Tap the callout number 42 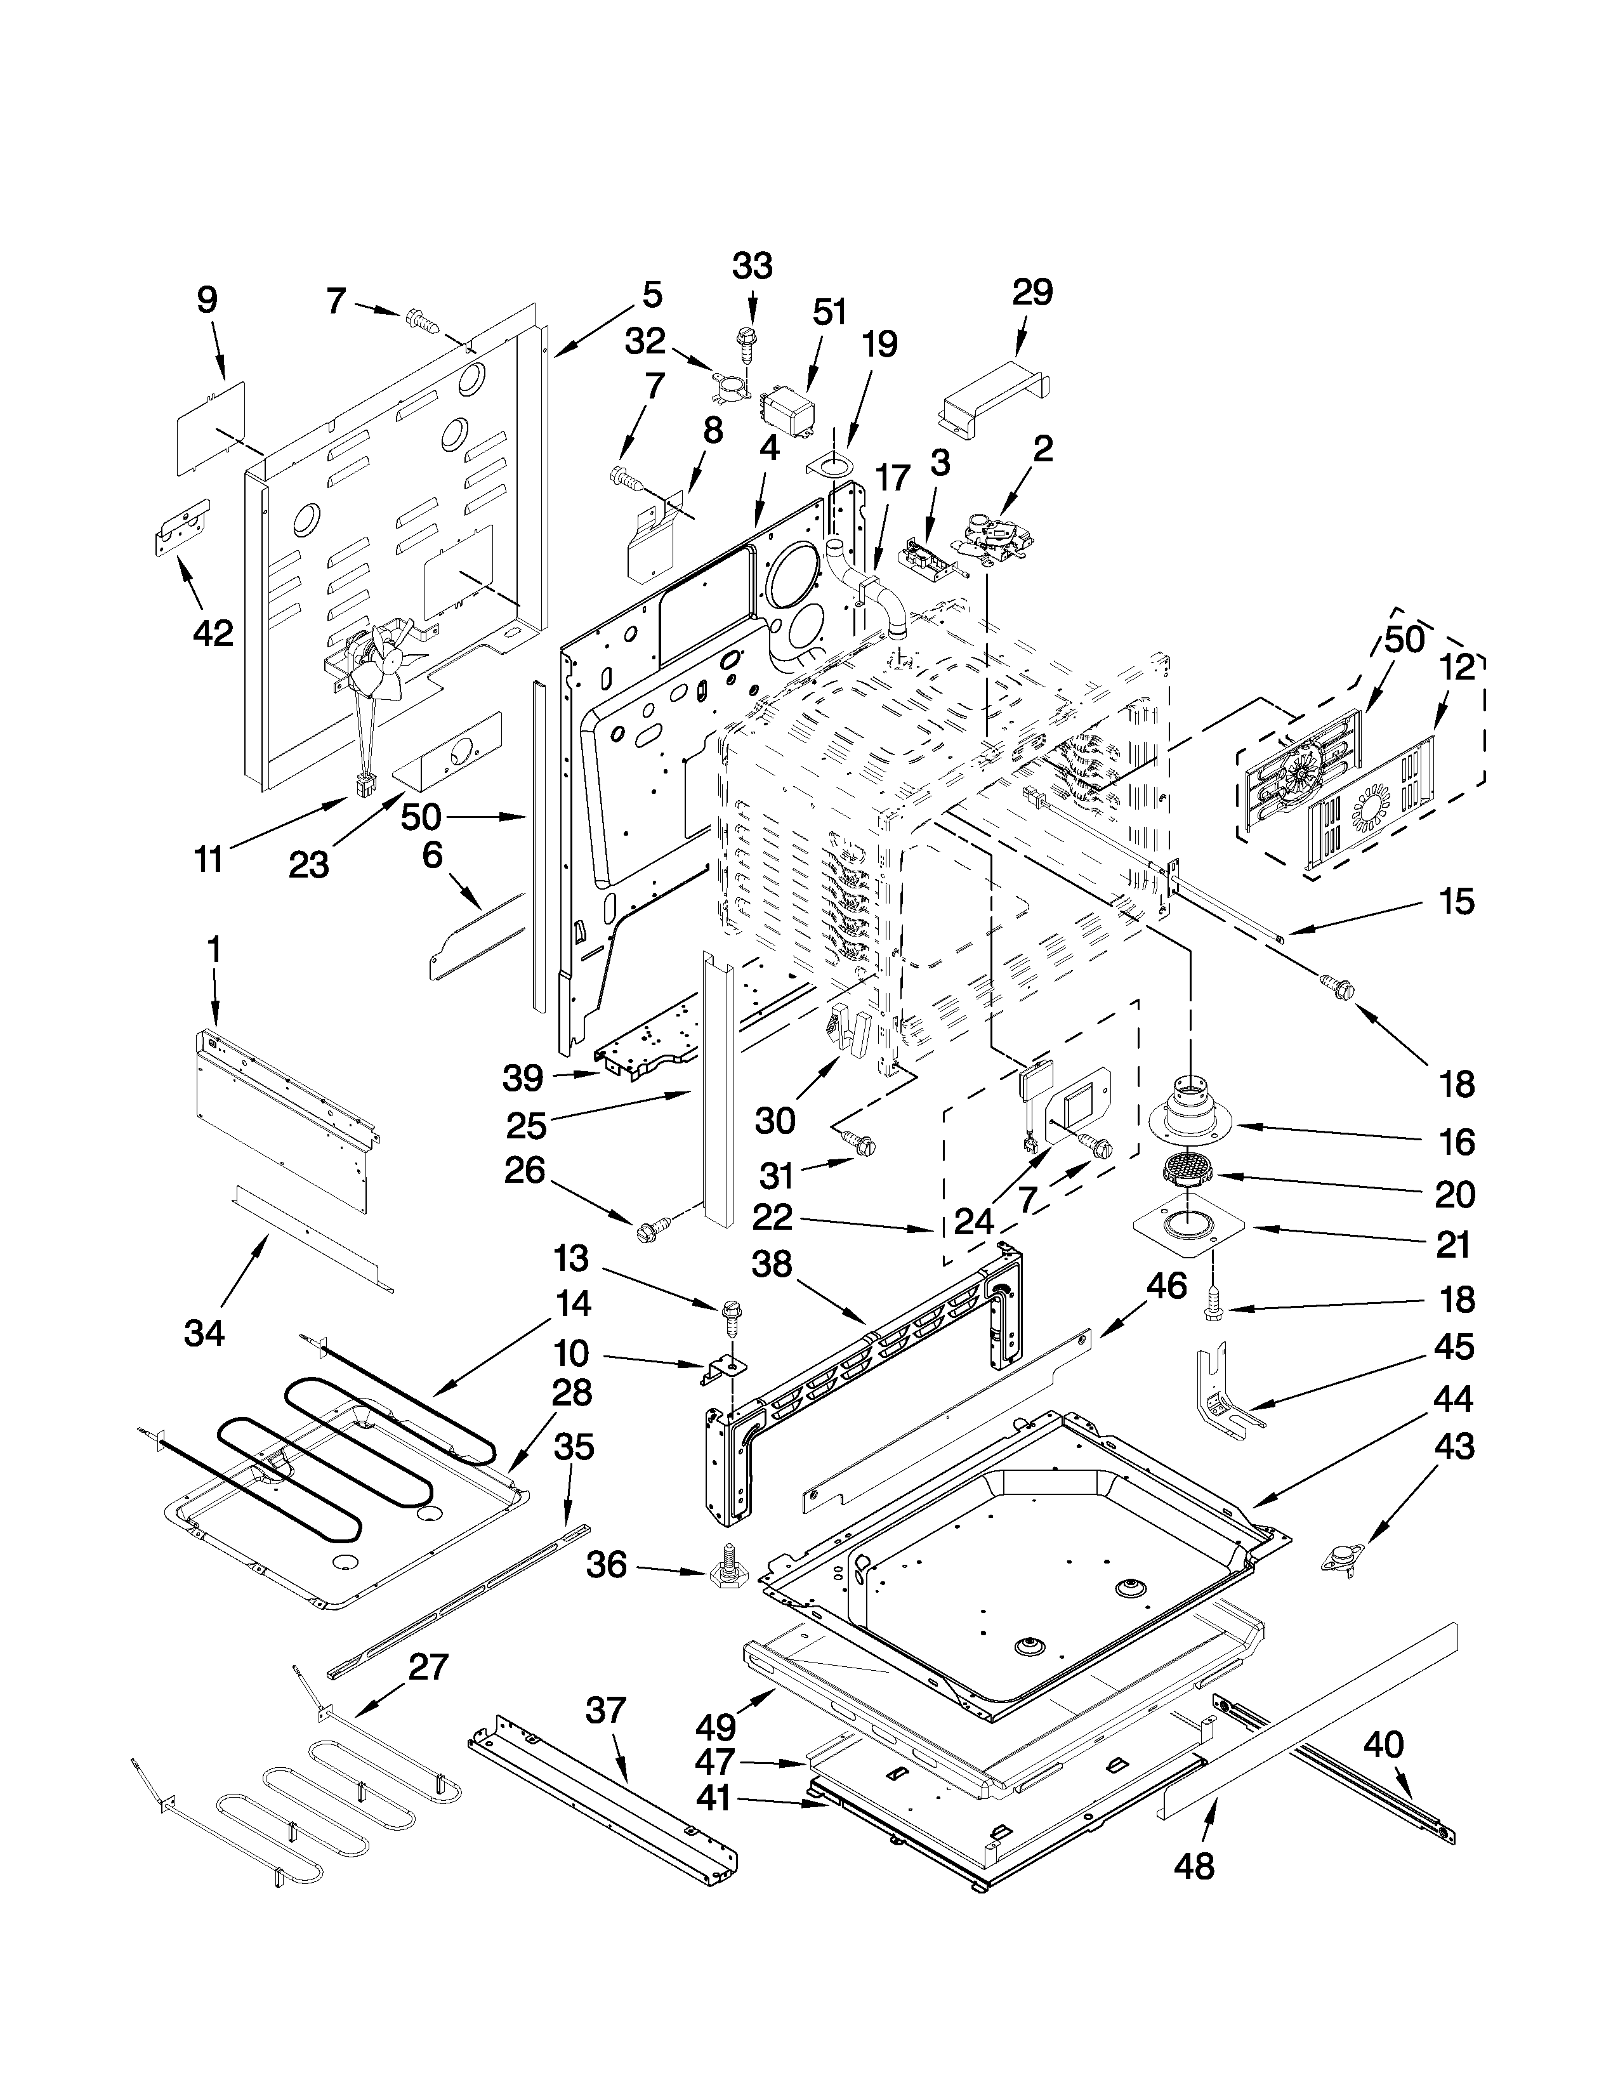212,633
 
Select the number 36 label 606,1565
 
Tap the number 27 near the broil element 428,1668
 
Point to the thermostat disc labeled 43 1346,1560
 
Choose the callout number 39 524,1079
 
